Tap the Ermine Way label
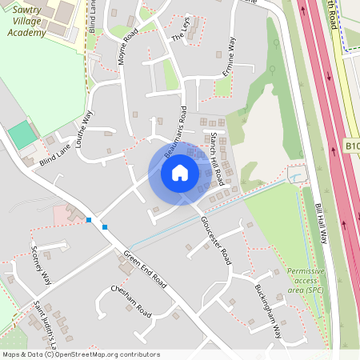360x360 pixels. click(x=232, y=55)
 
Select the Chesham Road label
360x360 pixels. click(x=131, y=300)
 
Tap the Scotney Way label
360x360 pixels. click(x=41, y=266)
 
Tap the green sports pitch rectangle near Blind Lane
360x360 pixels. click(x=22, y=134)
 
